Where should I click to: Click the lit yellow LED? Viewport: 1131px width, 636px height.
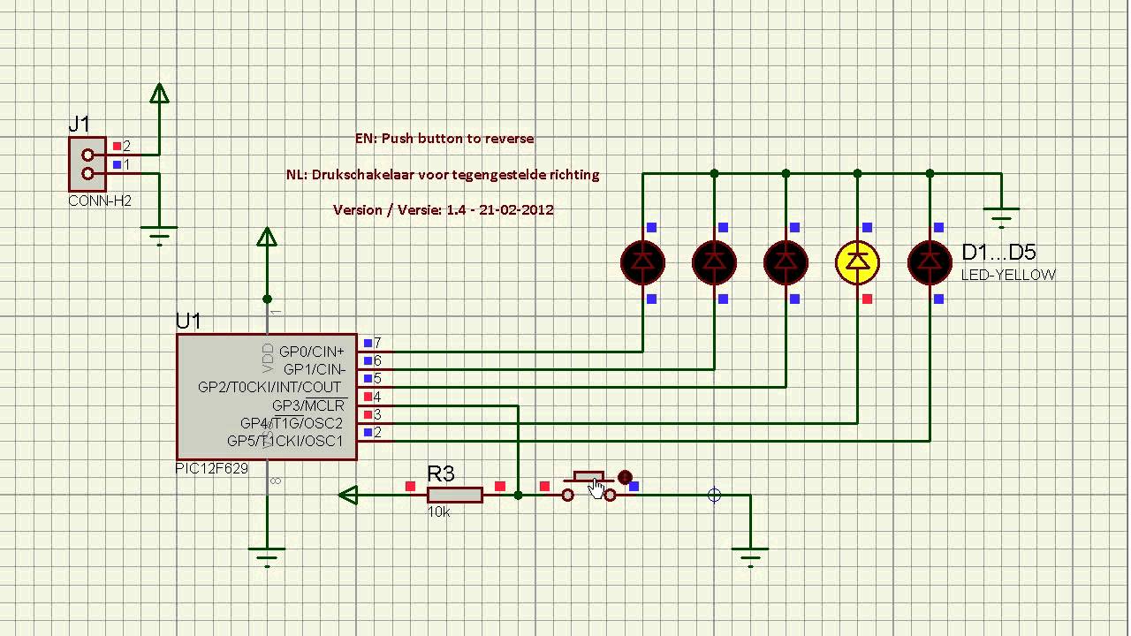857,261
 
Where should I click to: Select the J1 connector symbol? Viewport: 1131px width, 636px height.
87,164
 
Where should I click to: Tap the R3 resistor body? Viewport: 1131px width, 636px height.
455,495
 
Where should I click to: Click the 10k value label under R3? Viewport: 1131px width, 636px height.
439,511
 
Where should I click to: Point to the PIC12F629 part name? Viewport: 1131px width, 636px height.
212,469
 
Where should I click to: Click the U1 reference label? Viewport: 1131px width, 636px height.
188,321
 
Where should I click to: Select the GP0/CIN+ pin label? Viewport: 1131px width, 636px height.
312,352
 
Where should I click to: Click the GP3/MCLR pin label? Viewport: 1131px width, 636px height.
308,405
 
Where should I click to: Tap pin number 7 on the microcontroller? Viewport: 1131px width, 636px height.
377,343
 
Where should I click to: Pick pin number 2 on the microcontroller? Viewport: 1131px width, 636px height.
377,432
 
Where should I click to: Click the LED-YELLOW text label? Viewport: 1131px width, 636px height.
1008,275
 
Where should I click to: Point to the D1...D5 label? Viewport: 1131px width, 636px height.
998,254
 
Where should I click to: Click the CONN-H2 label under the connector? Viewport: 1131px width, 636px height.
100,201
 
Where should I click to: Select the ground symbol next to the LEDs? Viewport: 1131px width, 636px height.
1001,213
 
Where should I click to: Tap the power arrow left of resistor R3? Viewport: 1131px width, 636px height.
348,496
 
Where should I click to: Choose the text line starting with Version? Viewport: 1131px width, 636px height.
443,209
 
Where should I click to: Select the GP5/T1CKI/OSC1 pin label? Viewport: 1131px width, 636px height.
285,441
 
